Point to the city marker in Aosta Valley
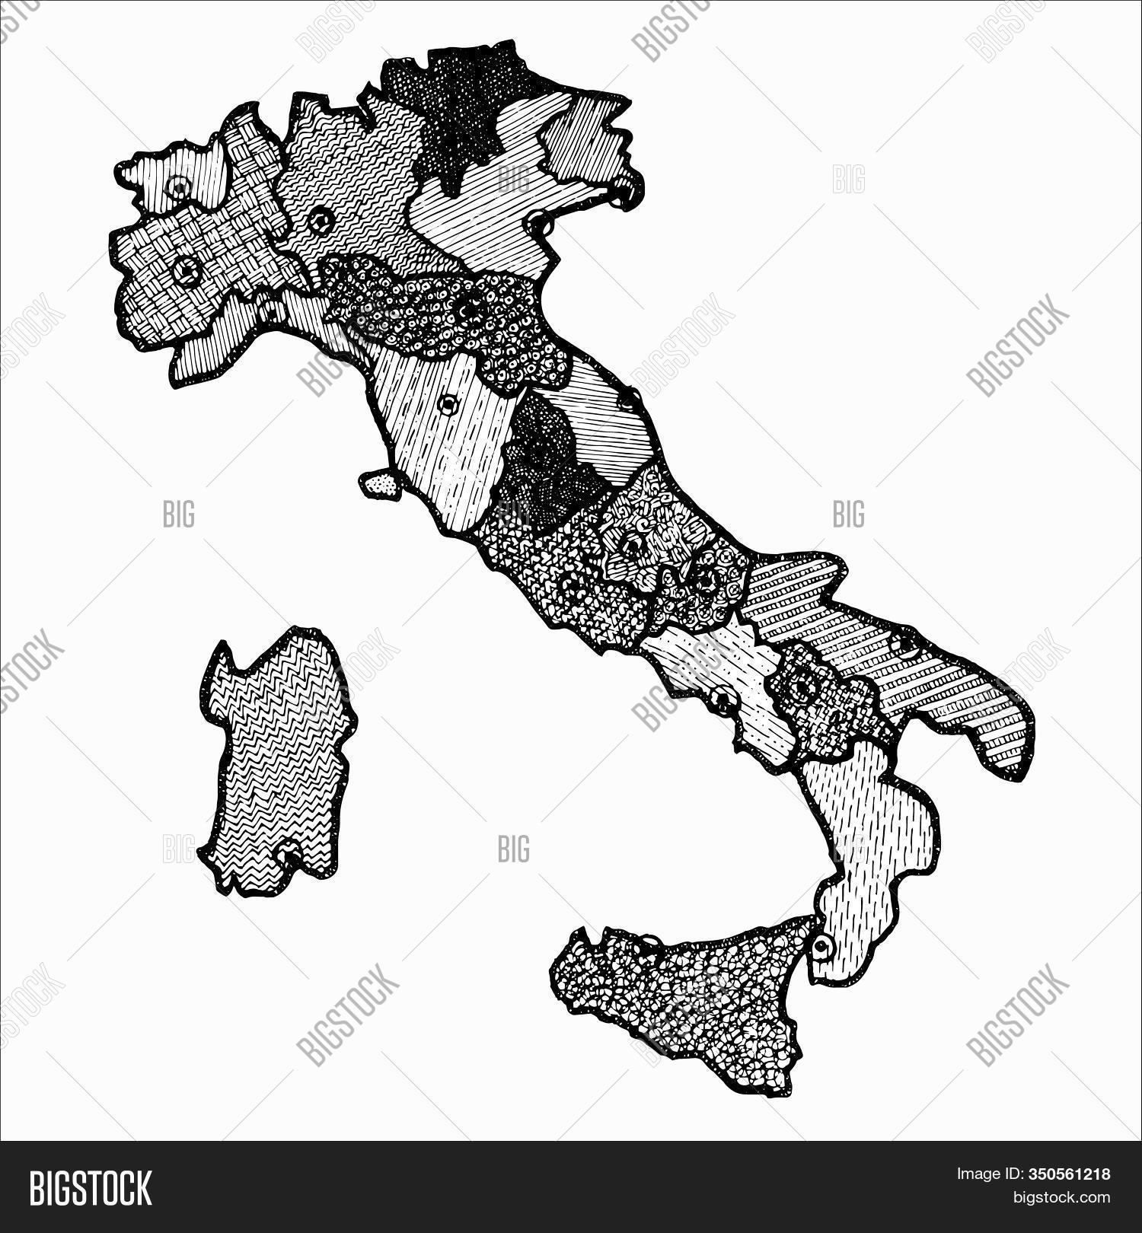pyautogui.click(x=180, y=186)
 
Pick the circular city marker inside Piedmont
pyautogui.click(x=186, y=269)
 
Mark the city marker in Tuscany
pyautogui.click(x=449, y=403)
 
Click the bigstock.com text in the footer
pyautogui.click(x=1059, y=1198)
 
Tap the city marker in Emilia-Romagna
pyautogui.click(x=470, y=310)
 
